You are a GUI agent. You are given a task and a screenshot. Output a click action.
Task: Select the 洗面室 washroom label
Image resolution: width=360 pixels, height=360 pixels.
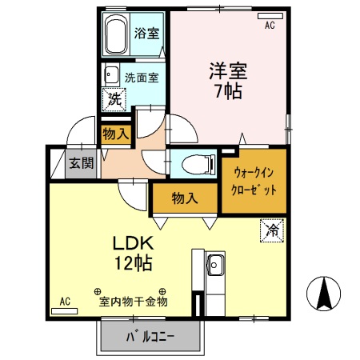click(x=142, y=78)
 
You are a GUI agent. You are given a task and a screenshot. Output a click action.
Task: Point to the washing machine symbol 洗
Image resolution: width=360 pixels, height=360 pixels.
click(x=115, y=100)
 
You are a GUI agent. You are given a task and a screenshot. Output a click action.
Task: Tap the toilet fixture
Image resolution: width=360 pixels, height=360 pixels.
click(x=195, y=164)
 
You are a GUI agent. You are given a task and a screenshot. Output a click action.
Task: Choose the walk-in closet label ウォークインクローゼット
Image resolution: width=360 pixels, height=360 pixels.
click(x=255, y=182)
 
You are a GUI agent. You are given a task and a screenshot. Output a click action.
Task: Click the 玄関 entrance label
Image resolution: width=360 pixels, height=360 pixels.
click(x=80, y=163)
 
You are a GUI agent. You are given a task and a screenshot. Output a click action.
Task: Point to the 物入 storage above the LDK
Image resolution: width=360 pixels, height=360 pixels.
click(x=185, y=198)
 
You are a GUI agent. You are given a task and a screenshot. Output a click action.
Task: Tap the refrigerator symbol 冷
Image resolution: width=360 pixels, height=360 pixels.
click(x=271, y=231)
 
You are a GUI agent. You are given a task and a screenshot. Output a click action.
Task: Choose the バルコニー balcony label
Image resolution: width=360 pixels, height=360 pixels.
click(x=149, y=337)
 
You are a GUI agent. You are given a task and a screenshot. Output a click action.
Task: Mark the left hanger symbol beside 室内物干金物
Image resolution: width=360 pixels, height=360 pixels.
click(x=97, y=292)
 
